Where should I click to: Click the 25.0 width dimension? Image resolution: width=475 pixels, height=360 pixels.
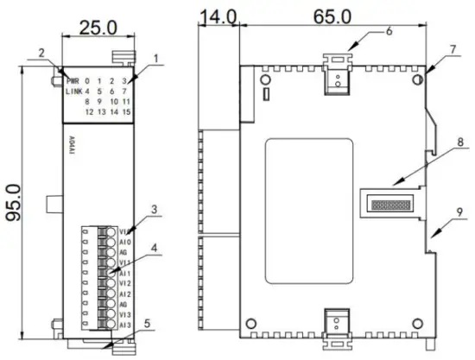[x=97, y=28]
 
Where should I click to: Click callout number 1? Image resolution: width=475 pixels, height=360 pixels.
[x=156, y=60]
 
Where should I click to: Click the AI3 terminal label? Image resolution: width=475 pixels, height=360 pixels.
[x=124, y=325]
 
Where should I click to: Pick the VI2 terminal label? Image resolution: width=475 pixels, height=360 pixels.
[x=124, y=282]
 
